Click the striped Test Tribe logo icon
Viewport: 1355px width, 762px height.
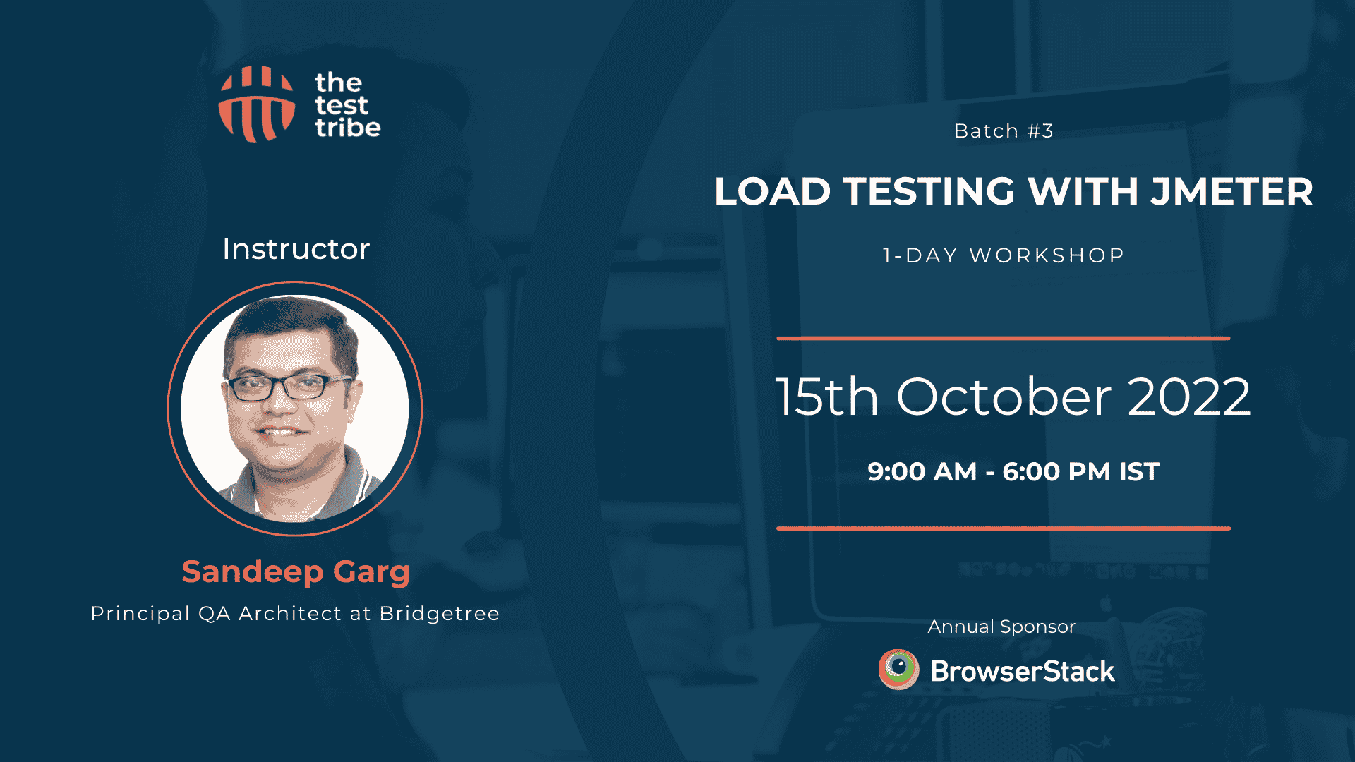(257, 104)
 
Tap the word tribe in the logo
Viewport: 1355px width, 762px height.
(348, 128)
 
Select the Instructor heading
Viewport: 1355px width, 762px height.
(296, 249)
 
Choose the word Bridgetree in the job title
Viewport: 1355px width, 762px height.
(439, 614)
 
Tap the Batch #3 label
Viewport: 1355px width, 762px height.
(1004, 131)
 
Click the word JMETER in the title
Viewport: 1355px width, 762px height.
(1231, 191)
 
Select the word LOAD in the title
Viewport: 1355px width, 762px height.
(773, 191)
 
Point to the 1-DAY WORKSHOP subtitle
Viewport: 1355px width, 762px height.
(1004, 255)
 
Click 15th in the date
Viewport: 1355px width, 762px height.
(827, 397)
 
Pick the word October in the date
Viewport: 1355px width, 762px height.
(1004, 397)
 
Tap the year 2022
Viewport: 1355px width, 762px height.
(1189, 397)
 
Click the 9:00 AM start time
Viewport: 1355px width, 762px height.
(922, 471)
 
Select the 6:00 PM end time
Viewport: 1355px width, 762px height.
(1056, 471)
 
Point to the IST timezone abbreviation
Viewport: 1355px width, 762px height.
(1139, 471)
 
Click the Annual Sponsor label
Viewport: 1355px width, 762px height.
(1001, 627)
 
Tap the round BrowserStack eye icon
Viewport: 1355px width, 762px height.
(898, 669)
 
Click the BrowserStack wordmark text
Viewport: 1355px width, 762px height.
(1023, 671)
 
